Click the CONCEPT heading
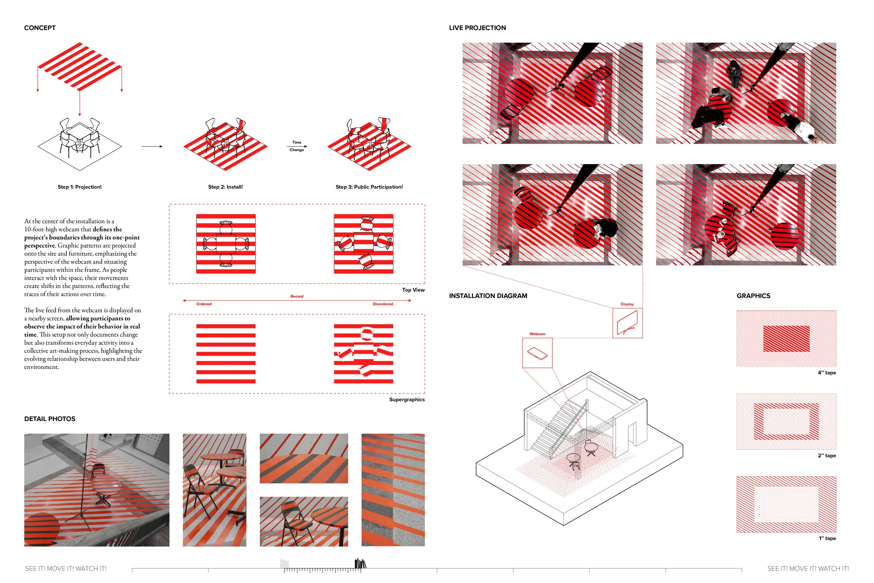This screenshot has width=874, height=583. tap(40, 28)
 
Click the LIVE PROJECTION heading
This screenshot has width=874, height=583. tap(477, 28)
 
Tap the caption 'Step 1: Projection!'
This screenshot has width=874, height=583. tap(79, 187)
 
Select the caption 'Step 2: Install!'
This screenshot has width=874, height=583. tap(225, 187)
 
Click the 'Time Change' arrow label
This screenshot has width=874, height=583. tap(296, 146)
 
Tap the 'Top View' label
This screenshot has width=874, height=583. tap(413, 290)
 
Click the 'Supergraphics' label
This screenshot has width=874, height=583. tap(407, 400)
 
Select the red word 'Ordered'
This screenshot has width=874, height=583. tap(204, 304)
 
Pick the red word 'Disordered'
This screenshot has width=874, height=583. tap(383, 304)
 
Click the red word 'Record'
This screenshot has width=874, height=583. tap(297, 296)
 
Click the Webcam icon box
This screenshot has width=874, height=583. tap(537, 353)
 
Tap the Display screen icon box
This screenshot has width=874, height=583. tap(627, 323)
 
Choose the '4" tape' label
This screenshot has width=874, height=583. tap(826, 373)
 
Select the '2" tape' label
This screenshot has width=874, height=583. tap(826, 456)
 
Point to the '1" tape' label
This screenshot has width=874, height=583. tap(827, 538)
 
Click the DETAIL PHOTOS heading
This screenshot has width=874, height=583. tap(50, 419)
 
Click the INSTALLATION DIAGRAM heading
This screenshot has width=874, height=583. tap(488, 296)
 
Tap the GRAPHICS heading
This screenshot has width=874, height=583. tap(753, 296)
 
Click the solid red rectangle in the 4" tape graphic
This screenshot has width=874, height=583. tap(786, 339)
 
